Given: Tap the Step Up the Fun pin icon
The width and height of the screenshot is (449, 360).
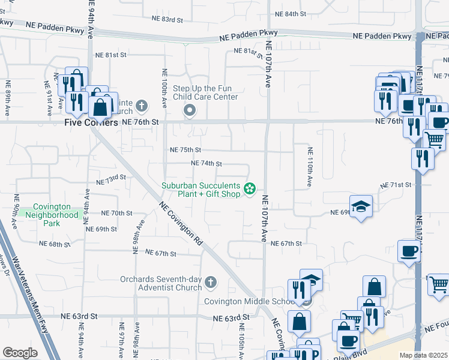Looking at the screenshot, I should [x=190, y=110].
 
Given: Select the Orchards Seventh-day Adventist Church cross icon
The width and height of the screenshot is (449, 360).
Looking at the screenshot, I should [x=210, y=281].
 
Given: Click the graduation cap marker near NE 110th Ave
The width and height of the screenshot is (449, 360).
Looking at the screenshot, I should [x=360, y=207].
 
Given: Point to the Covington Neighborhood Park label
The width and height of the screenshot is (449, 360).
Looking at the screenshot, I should [x=55, y=215].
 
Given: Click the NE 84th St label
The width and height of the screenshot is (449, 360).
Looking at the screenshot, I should [x=290, y=13].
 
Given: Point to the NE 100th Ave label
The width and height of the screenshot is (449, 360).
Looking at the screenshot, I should [x=164, y=88].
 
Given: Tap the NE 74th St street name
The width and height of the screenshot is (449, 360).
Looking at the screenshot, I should [x=206, y=163].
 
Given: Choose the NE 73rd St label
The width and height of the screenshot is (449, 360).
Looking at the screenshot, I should [x=111, y=179].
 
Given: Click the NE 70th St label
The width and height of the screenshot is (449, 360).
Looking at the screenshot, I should [x=116, y=213].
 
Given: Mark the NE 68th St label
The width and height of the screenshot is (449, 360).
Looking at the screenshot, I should [x=55, y=244].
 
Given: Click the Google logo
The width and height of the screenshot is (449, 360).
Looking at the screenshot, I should [x=20, y=353].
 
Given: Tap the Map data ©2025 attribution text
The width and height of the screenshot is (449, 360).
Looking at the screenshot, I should [x=423, y=355].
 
